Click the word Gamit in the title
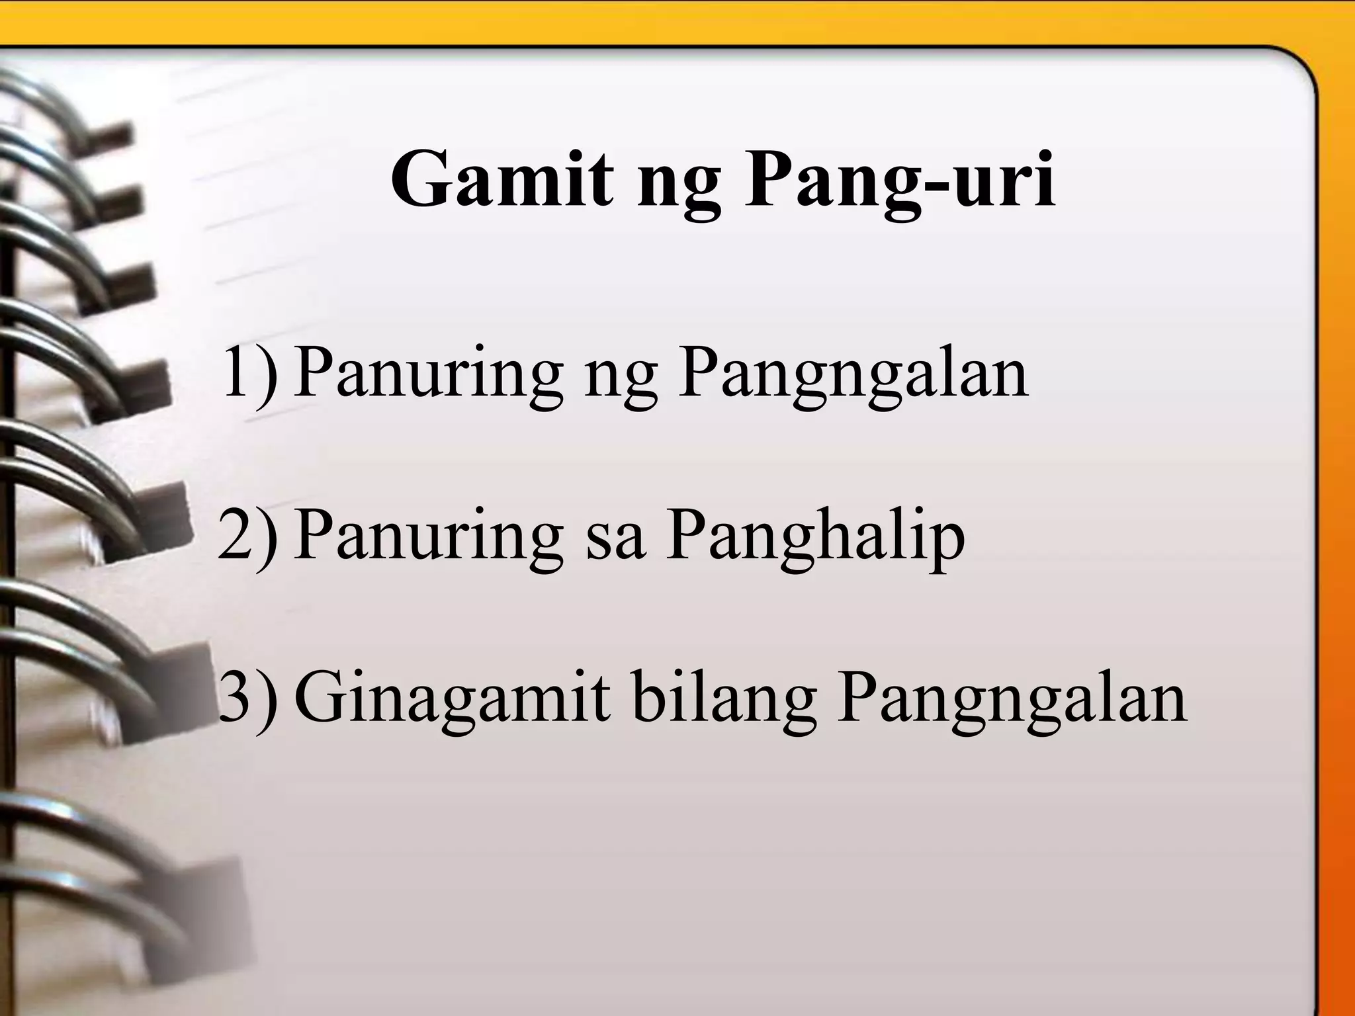click(502, 180)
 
